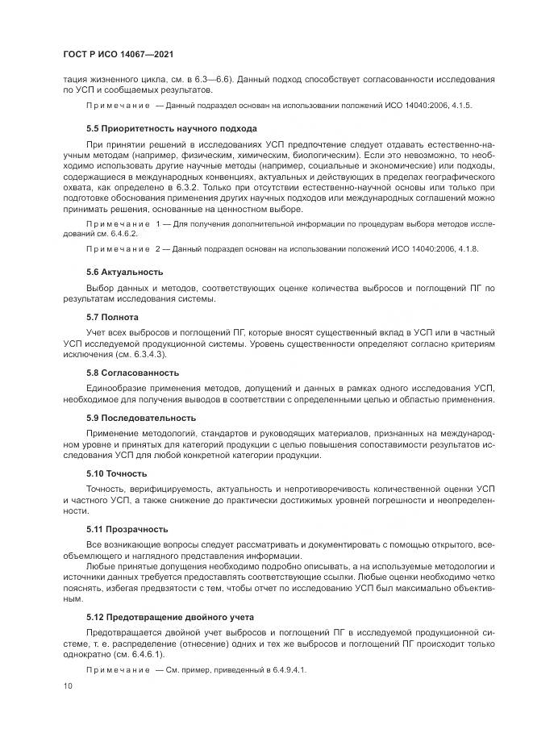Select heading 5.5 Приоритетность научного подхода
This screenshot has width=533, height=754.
pos(172,128)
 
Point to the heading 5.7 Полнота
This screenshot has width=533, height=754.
pos(112,317)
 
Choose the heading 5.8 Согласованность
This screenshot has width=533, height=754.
pos(132,373)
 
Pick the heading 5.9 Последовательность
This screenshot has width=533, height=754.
pos(141,418)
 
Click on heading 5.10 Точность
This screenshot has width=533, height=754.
pos(117,473)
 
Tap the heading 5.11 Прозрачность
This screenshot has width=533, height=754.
pos(127,529)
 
